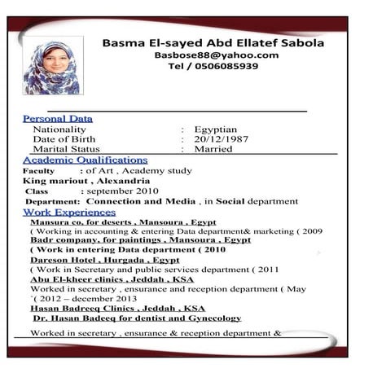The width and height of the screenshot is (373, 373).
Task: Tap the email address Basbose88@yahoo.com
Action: click(x=216, y=55)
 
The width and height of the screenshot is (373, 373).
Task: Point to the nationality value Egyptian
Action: click(x=215, y=129)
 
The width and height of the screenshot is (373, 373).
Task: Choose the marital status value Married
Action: click(x=213, y=149)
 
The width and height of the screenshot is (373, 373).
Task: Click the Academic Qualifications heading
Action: click(x=85, y=160)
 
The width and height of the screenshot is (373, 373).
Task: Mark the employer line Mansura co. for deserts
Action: click(x=123, y=222)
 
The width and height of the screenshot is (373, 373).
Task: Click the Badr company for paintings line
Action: click(x=140, y=240)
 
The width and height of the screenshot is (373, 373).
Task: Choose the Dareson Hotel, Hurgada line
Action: click(x=104, y=260)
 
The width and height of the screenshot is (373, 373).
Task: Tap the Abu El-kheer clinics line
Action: click(x=112, y=279)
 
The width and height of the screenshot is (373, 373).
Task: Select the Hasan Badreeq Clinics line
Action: click(x=117, y=309)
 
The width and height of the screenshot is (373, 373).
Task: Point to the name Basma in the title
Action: click(x=124, y=42)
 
